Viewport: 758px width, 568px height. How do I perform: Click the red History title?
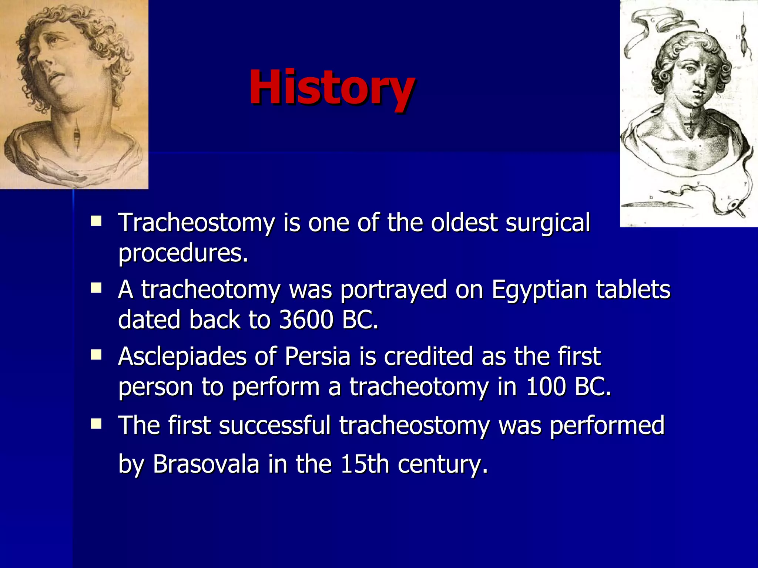[x=332, y=88]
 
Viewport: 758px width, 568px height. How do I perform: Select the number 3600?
[x=306, y=320]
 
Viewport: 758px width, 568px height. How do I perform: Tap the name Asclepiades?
[x=182, y=357]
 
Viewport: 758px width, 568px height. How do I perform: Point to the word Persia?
[x=318, y=357]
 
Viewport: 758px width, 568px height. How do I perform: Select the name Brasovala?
[x=206, y=464]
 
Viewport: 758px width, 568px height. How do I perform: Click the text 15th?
[x=365, y=464]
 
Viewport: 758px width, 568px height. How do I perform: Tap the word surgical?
[x=548, y=223]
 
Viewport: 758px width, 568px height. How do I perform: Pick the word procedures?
[x=183, y=254]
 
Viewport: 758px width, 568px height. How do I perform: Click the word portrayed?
[x=393, y=290]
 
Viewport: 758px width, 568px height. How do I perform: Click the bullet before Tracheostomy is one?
[x=96, y=221]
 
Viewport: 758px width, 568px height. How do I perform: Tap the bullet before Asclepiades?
[x=96, y=355]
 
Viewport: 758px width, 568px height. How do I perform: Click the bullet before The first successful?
[x=96, y=423]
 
